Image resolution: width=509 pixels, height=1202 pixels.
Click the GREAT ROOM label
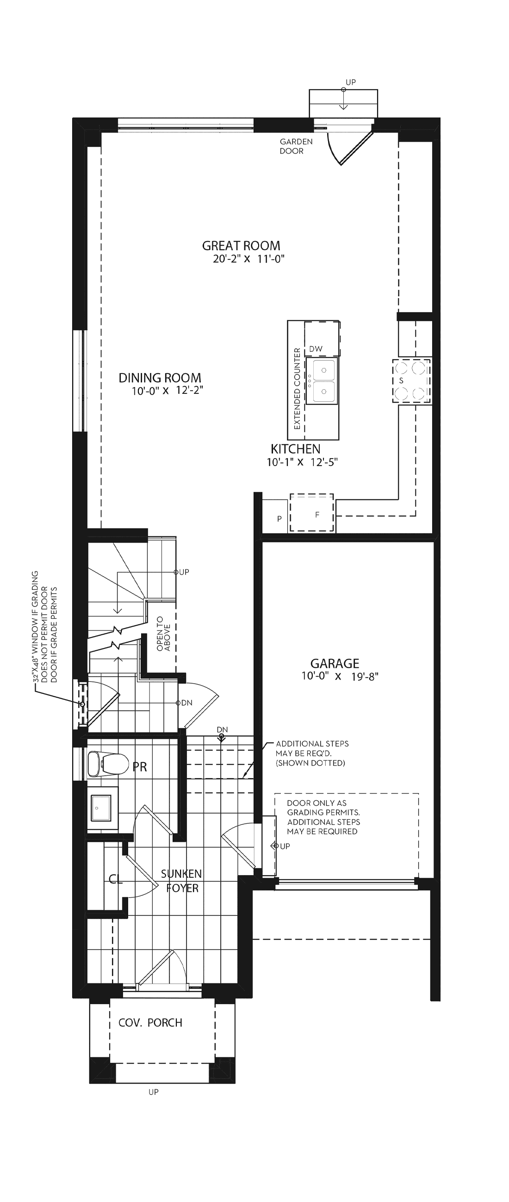click(x=241, y=246)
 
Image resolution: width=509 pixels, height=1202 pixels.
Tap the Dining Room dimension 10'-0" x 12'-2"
click(x=167, y=391)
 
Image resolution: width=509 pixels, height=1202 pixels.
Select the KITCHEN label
click(x=296, y=449)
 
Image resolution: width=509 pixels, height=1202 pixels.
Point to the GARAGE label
click(x=335, y=663)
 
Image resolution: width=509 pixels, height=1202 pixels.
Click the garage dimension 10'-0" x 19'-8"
click(x=340, y=676)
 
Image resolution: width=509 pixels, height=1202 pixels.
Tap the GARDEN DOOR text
click(x=296, y=146)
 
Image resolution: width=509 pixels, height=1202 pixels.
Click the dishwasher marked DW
click(x=322, y=338)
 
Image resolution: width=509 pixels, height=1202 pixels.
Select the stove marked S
click(x=411, y=381)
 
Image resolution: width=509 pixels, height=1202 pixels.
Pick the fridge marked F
click(x=312, y=512)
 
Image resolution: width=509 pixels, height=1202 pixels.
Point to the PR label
click(x=140, y=767)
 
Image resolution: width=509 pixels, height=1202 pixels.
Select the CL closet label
click(x=115, y=880)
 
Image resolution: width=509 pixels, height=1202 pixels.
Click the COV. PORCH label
click(x=150, y=1023)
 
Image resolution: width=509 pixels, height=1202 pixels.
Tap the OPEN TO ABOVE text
click(x=164, y=634)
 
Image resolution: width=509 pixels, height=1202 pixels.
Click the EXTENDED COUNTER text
click(x=297, y=389)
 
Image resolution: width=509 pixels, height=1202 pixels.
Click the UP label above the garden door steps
click(x=351, y=82)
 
